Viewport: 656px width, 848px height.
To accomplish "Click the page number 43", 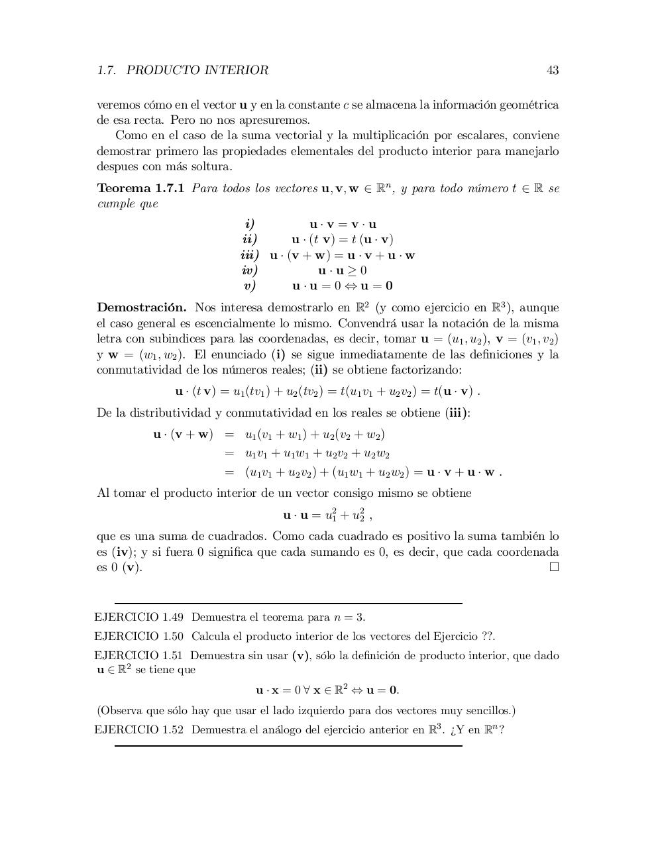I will pos(553,70).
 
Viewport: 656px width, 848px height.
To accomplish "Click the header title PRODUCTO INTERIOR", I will pos(197,70).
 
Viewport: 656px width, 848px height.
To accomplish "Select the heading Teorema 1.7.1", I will pos(140,189).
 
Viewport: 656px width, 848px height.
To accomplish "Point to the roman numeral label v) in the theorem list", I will pos(250,286).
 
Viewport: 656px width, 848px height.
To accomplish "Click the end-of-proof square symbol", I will pos(554,567).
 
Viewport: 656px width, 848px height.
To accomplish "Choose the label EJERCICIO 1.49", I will pos(139,617).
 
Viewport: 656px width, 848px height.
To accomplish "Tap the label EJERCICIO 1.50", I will pos(139,637).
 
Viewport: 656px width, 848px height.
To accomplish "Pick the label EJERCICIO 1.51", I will pos(139,656).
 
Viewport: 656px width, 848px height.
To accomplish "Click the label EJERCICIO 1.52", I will pos(139,730).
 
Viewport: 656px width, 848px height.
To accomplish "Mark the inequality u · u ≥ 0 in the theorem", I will pos(342,270).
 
